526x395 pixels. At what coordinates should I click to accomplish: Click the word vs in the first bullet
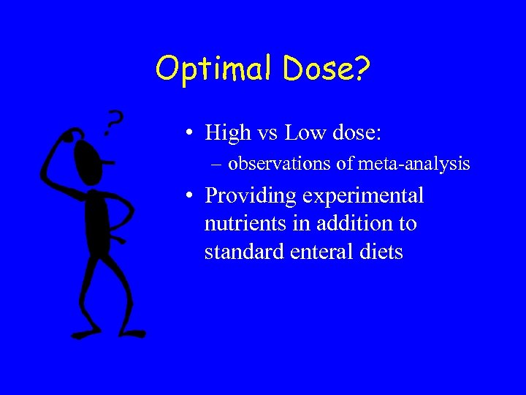coord(267,132)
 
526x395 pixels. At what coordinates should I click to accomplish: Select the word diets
coord(381,252)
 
